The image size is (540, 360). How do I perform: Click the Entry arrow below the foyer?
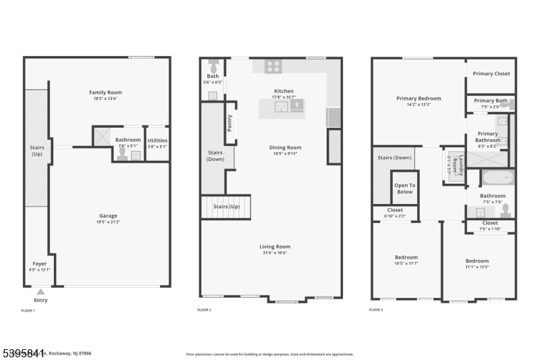[40, 292]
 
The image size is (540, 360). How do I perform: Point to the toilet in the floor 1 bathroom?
[122, 153]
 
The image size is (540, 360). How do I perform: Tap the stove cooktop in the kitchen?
[273, 66]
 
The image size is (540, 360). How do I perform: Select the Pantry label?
[230, 122]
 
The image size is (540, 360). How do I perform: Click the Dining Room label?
[284, 147]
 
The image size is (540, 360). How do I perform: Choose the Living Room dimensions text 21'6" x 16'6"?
[275, 253]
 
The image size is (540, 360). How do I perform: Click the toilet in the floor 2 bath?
[213, 66]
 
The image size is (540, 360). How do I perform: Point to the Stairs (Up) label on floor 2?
[226, 206]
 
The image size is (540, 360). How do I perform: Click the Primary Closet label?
[491, 74]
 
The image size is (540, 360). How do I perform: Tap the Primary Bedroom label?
[418, 99]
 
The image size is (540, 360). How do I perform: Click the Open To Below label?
[404, 188]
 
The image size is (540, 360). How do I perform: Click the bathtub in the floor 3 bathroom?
[498, 178]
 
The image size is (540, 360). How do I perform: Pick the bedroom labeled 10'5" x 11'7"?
[406, 260]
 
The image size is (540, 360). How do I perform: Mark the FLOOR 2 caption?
[204, 310]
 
